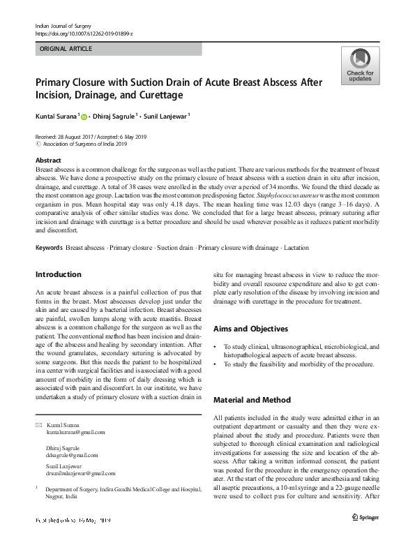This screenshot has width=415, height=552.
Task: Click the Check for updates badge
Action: (359, 66)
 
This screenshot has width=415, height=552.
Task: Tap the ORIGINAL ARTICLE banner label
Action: (66, 49)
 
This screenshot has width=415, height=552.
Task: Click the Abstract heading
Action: (47, 161)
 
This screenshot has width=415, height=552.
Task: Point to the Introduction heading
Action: (58, 274)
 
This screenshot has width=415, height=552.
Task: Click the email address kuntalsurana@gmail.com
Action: (75, 433)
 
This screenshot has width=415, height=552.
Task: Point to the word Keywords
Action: (49, 248)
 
